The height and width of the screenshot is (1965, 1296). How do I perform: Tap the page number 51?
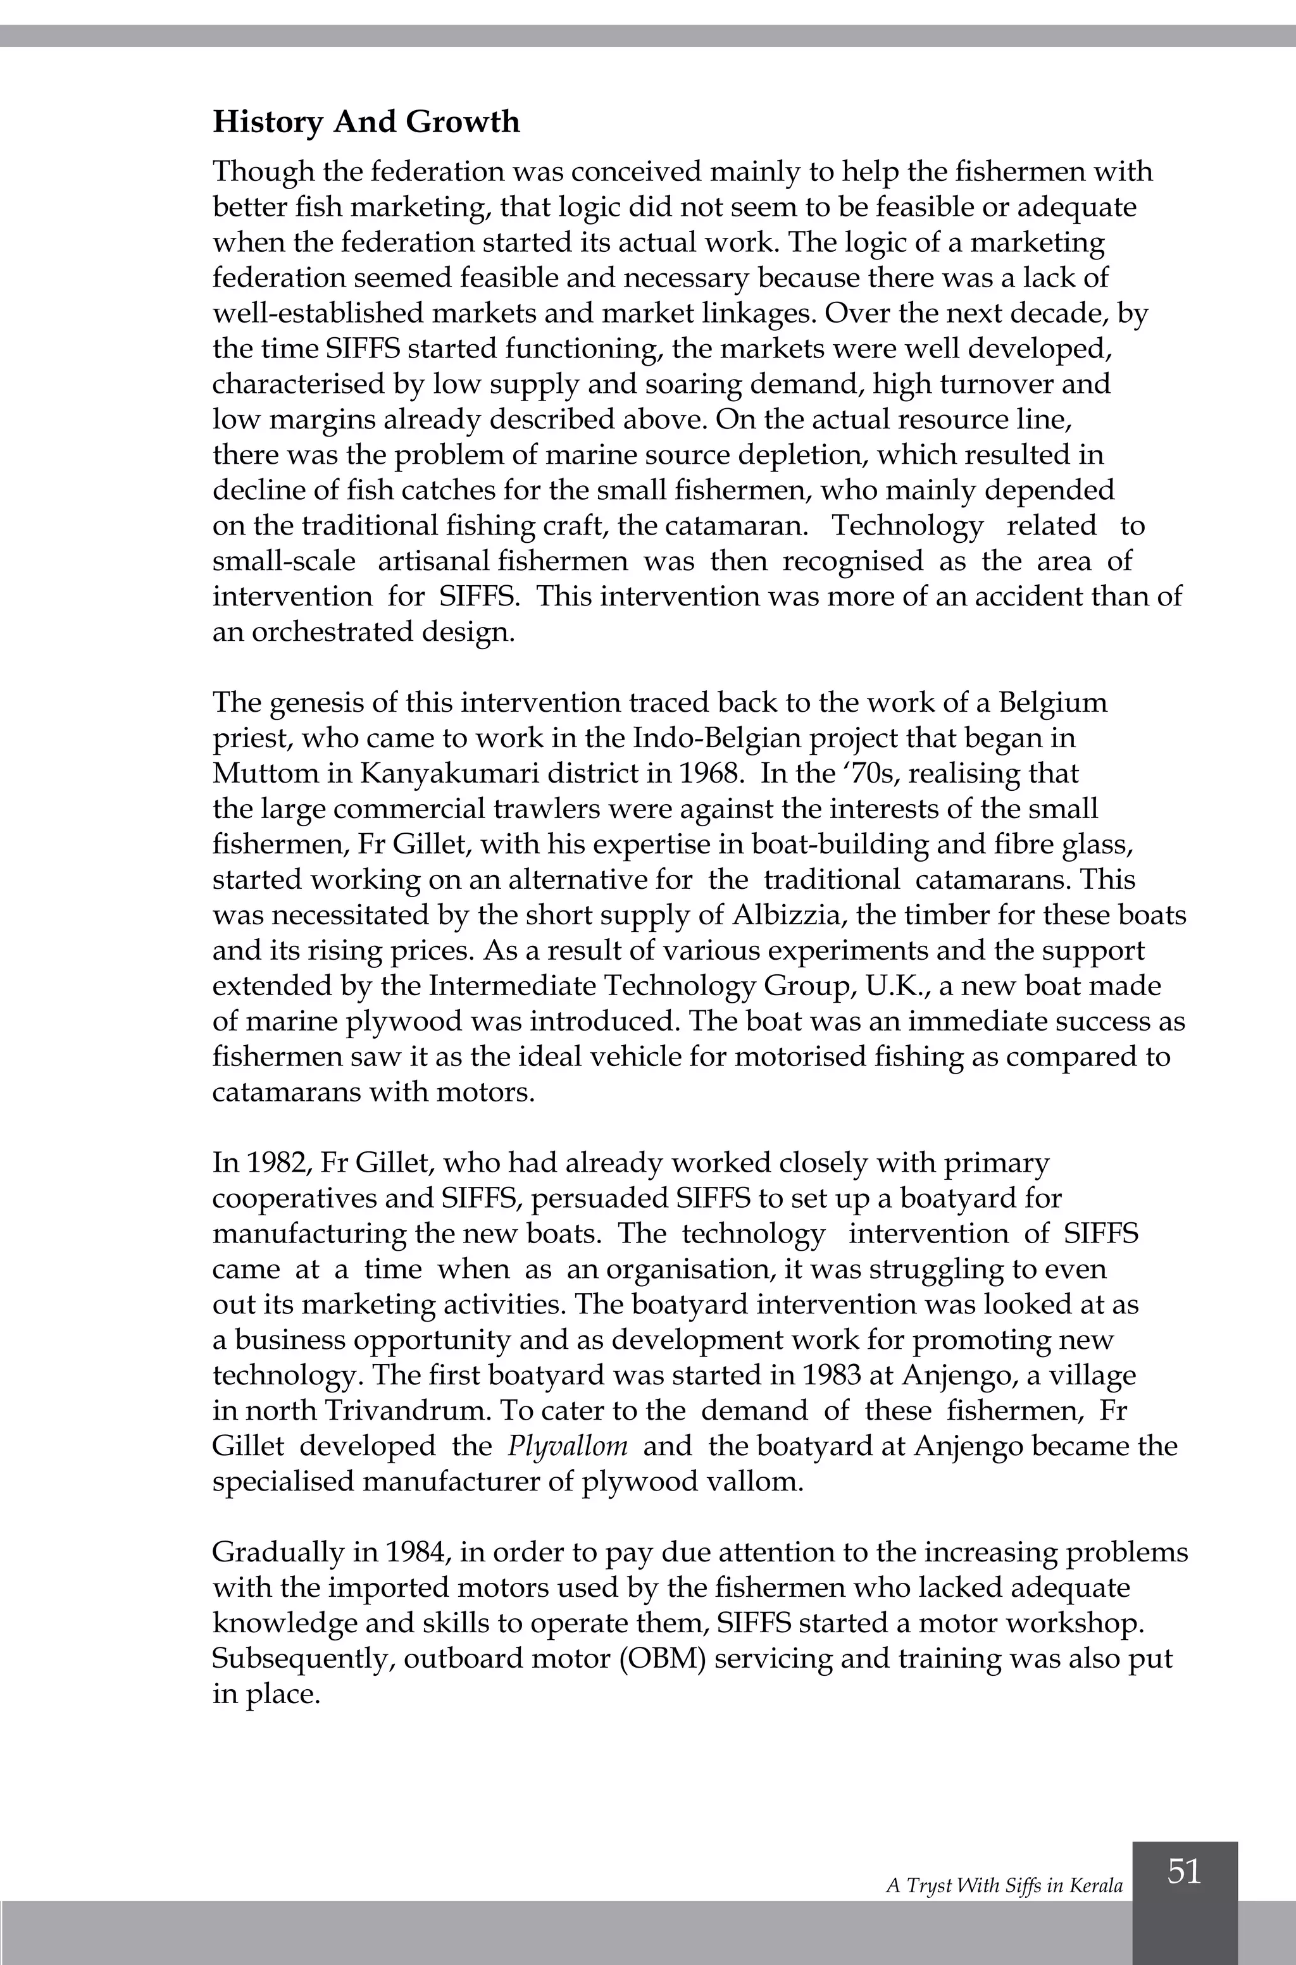tap(1183, 1871)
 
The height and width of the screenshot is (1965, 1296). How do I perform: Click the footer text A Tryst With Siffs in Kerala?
tap(1004, 1886)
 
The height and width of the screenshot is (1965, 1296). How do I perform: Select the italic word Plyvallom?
tap(567, 1446)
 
